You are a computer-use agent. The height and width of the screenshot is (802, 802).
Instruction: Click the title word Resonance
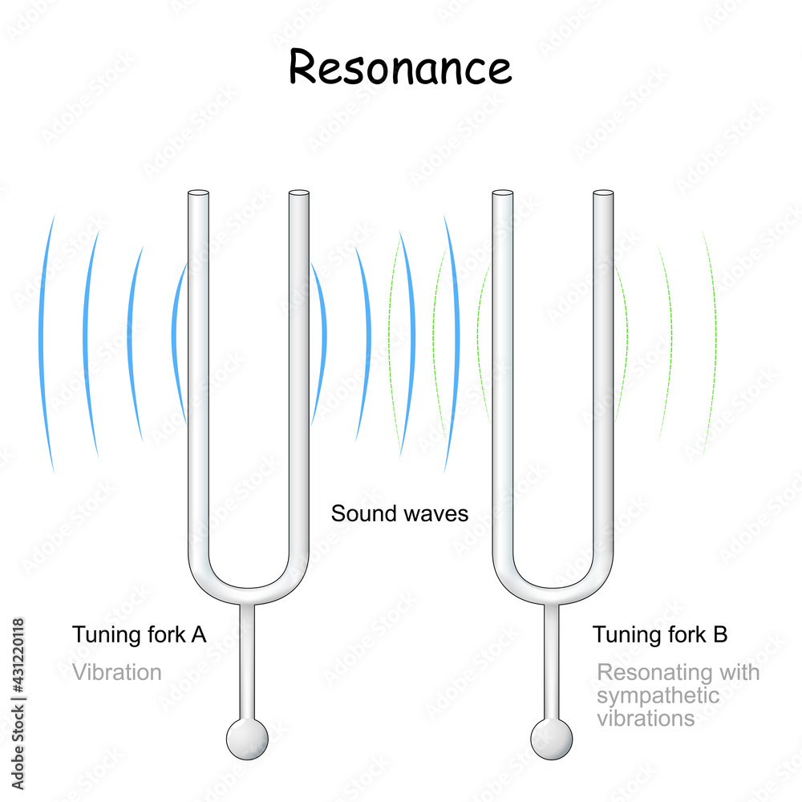tap(399, 67)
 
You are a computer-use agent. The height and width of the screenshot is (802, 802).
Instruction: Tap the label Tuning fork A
tap(140, 634)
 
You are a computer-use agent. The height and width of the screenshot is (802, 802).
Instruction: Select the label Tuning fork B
tap(660, 635)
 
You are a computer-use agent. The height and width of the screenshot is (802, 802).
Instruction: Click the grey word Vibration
tap(117, 672)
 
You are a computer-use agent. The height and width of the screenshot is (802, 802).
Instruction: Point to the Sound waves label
tap(399, 513)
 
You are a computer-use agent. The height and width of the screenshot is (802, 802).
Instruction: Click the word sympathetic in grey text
tap(658, 695)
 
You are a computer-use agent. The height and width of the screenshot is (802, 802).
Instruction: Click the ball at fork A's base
tap(247, 738)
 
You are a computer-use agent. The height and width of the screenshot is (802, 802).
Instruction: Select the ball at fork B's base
tap(552, 738)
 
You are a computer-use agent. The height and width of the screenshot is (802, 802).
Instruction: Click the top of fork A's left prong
tap(197, 194)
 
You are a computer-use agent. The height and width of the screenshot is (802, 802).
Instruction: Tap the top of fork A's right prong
tap(298, 194)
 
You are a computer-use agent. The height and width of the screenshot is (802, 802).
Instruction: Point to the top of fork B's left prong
tap(502, 194)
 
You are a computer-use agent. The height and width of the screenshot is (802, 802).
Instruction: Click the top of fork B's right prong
tap(603, 194)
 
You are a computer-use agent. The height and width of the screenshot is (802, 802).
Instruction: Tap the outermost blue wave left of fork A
tap(46, 345)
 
